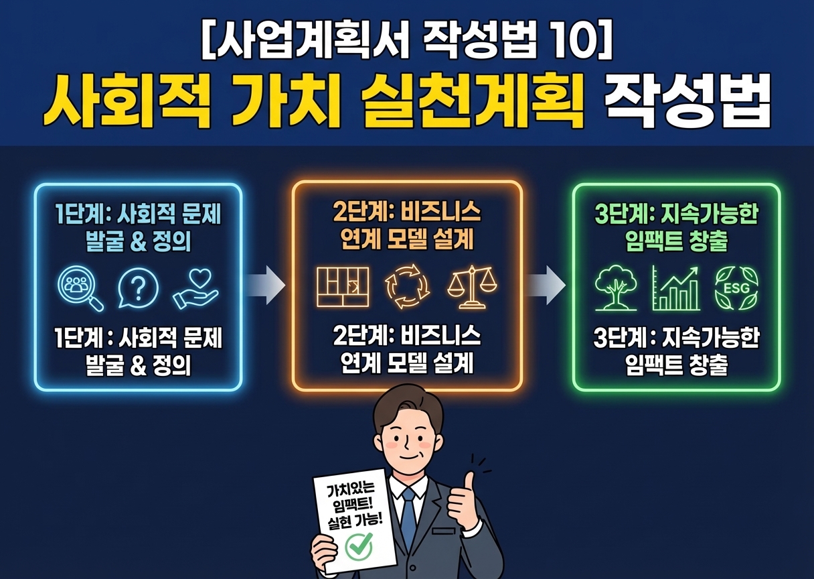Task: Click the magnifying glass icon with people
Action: tap(81, 289)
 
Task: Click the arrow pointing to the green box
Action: tap(546, 285)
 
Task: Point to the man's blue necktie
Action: tap(408, 517)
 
